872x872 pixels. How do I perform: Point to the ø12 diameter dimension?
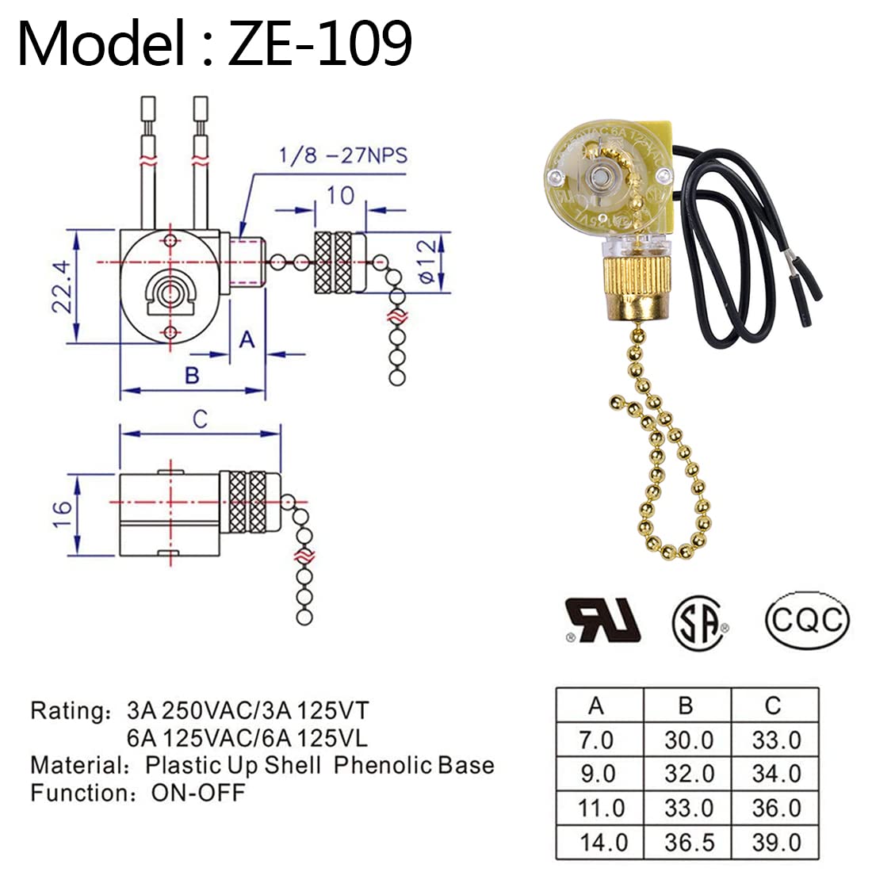click(426, 262)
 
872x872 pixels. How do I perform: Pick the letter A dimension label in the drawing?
click(247, 339)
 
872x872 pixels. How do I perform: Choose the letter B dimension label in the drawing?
click(192, 375)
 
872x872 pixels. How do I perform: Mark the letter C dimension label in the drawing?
click(201, 419)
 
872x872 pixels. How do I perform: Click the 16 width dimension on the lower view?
click(63, 514)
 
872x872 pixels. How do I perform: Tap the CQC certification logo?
click(807, 618)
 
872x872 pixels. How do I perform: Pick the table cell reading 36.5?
click(687, 842)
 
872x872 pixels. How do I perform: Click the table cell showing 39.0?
click(775, 842)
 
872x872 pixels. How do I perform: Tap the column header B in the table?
click(687, 705)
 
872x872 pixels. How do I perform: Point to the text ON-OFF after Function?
click(198, 792)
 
